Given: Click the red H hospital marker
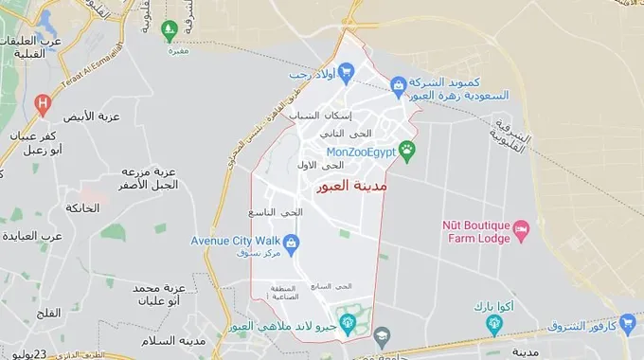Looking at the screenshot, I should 41,102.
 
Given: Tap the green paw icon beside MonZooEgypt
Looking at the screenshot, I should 407,150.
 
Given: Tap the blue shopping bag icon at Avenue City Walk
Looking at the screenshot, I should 293,242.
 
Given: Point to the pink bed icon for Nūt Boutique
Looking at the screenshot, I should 521,228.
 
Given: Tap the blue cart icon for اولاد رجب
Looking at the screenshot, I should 347,70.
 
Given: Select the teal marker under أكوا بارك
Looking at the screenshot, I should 492,325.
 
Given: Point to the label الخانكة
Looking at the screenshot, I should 82,207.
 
